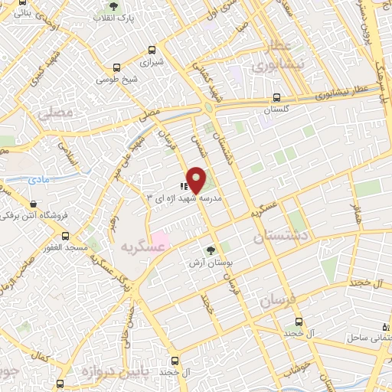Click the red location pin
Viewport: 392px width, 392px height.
[x=197, y=179]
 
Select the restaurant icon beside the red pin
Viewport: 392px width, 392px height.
[x=184, y=185]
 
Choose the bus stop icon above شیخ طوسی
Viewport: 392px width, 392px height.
[x=116, y=67]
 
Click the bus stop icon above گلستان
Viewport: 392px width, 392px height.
[x=276, y=98]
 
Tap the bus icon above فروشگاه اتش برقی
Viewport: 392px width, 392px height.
[x=33, y=204]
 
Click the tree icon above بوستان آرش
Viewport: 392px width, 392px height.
[x=211, y=250]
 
